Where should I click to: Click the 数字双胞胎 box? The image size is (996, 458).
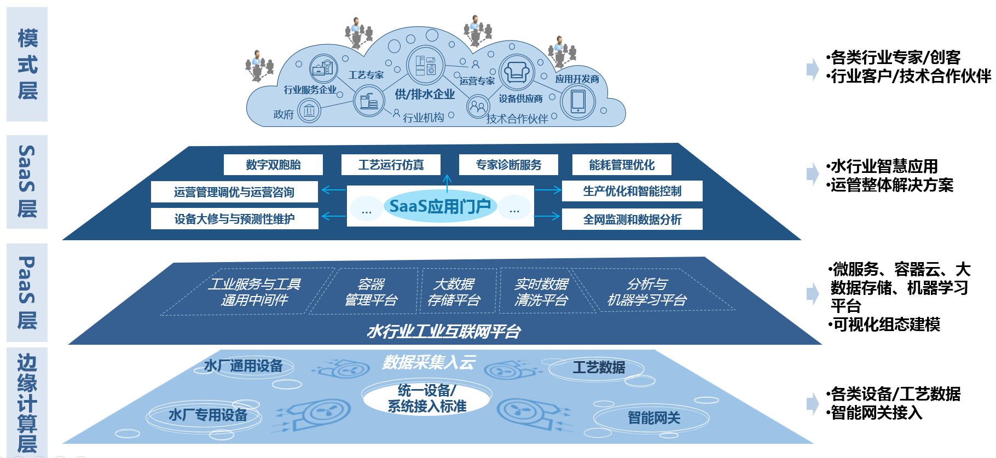click(x=273, y=165)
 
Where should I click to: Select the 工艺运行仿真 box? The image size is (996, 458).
click(x=391, y=165)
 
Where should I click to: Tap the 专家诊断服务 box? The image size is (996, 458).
click(x=508, y=165)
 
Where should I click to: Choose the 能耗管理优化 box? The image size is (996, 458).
click(x=622, y=165)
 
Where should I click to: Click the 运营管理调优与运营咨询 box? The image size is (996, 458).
click(x=234, y=192)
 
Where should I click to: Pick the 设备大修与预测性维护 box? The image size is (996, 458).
click(x=234, y=219)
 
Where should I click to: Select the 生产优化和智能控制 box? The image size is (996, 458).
click(x=632, y=191)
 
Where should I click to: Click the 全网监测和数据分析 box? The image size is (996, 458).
click(x=632, y=219)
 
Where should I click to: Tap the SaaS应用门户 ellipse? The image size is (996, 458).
click(x=440, y=206)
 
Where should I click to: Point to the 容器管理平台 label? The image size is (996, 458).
click(x=371, y=292)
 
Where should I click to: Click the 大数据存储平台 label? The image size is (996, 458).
click(x=454, y=292)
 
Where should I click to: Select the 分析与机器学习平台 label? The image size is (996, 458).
click(x=647, y=292)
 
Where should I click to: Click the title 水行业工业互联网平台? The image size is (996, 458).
click(x=444, y=331)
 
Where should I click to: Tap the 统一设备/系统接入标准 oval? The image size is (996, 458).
click(x=427, y=398)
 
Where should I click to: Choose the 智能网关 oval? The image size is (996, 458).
click(x=653, y=418)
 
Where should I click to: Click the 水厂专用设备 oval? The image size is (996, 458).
click(x=207, y=415)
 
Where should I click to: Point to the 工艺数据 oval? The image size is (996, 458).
click(x=599, y=367)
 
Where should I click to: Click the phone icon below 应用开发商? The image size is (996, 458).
click(x=578, y=102)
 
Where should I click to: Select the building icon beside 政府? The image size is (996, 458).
click(x=309, y=112)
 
